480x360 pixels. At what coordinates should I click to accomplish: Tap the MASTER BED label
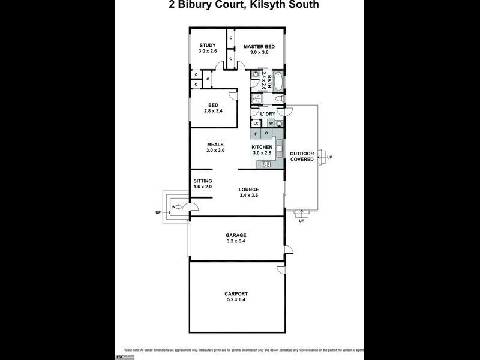pos(259,46)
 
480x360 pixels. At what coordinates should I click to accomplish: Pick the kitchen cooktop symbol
pos(265,164)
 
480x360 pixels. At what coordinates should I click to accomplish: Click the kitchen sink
pos(279,148)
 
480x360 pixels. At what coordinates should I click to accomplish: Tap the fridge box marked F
pos(256,134)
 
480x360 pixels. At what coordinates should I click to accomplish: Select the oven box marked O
pos(266,134)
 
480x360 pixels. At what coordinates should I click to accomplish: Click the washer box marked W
pos(271,124)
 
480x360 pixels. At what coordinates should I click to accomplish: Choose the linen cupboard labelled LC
pos(256,124)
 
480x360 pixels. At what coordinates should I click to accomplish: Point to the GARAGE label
pos(236,235)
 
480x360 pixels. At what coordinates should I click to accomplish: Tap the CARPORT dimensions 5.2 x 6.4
pos(236,299)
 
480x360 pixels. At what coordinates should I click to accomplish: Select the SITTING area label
pos(203,181)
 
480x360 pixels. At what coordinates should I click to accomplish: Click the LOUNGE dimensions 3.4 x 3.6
pos(248,195)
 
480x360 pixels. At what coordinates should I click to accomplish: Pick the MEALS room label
pos(215,145)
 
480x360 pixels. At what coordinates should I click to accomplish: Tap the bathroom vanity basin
pos(256,76)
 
